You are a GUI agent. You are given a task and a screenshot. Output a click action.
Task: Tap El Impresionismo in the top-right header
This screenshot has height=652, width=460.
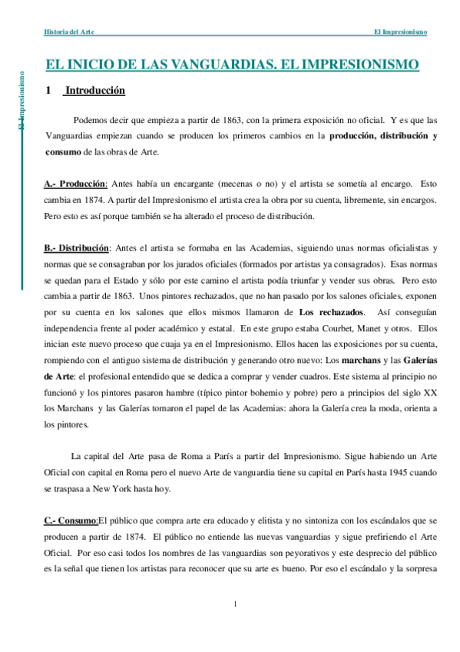400,32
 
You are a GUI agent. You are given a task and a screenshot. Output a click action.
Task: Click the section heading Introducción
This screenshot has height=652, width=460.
94,91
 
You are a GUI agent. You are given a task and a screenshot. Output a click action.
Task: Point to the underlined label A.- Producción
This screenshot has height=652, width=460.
74,185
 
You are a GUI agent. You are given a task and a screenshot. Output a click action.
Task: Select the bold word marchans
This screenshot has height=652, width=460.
363,361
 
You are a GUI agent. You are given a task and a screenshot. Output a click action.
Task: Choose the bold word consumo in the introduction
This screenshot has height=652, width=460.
62,151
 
